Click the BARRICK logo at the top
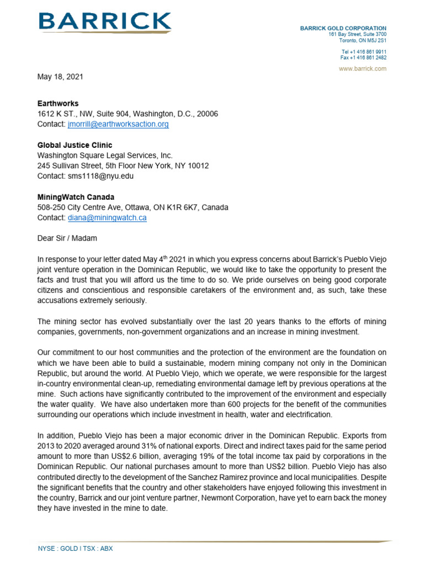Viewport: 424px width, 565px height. (104, 23)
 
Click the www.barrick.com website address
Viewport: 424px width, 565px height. (363, 68)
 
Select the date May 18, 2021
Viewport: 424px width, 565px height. (60, 77)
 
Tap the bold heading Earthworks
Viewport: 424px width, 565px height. (58, 103)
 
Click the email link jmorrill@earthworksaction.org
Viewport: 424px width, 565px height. (118, 124)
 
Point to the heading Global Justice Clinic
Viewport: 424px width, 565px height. (75, 145)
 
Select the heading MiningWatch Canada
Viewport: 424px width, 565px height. (77, 197)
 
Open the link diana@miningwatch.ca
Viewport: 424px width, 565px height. (107, 218)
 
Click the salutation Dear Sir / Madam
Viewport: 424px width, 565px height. (67, 238)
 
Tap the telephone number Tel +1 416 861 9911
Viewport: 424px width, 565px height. (363, 51)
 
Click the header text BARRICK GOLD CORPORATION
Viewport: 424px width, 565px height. (343, 28)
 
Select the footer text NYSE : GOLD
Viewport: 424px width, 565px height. (56, 548)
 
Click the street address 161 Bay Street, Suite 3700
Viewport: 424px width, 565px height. (357, 34)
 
